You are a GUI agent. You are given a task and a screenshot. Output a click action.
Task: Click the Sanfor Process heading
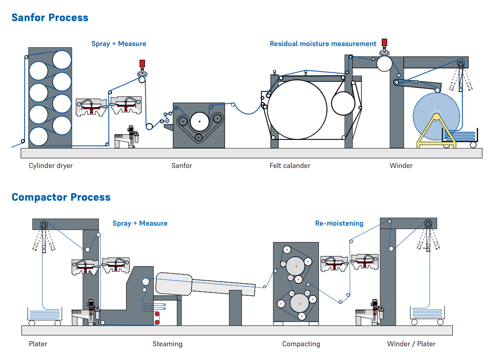tap(50, 18)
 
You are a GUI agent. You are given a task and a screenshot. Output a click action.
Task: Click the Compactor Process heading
tap(61, 197)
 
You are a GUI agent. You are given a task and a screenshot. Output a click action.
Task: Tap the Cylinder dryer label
tap(51, 166)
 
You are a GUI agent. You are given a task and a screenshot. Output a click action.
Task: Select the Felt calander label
tap(290, 166)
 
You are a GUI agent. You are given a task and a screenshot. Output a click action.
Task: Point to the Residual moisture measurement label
tap(323, 44)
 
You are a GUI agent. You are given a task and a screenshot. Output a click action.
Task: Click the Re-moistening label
tap(339, 223)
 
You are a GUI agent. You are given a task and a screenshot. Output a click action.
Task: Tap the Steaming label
tap(167, 344)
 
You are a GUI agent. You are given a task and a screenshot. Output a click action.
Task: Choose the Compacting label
tap(301, 344)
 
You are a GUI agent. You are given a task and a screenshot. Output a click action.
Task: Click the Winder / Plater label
tap(411, 344)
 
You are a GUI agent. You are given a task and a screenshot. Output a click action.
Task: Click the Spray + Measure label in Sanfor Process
tap(119, 44)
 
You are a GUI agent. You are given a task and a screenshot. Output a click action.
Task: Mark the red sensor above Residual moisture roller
tap(384, 42)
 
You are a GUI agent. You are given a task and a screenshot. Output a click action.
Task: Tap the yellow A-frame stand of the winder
tap(436, 131)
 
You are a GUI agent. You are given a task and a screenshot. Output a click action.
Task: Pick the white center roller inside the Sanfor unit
tap(200, 121)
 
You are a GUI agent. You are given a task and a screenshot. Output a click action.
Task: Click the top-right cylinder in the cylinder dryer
tap(62, 59)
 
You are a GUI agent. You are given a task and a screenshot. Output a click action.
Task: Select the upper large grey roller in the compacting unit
tap(296, 266)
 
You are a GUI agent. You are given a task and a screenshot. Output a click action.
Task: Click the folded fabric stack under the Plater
tap(44, 314)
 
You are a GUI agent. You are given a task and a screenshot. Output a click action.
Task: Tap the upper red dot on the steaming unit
tap(157, 314)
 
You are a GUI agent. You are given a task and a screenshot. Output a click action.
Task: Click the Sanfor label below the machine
tap(182, 166)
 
